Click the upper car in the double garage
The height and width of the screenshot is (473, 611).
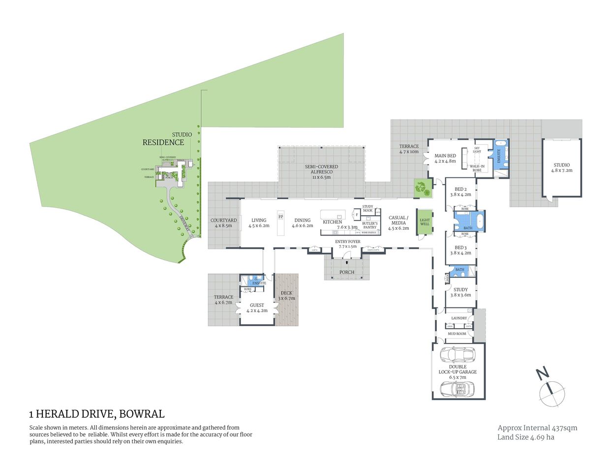(x=458, y=355)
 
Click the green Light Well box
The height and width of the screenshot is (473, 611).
(x=425, y=222)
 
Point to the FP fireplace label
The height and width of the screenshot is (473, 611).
(x=281, y=217)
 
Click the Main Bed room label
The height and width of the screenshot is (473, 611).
(x=445, y=158)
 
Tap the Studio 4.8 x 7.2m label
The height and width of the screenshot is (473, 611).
(x=561, y=168)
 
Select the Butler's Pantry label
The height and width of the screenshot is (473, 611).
(x=369, y=225)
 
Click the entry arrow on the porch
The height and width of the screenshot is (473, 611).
(x=347, y=263)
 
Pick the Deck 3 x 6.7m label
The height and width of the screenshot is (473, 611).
(x=286, y=296)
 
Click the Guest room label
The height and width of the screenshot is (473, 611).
(x=257, y=308)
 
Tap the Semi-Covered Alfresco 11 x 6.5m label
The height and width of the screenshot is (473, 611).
(x=321, y=171)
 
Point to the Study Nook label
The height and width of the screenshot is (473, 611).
(x=367, y=208)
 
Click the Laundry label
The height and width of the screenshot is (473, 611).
(x=459, y=318)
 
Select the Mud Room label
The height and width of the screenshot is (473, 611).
(x=457, y=334)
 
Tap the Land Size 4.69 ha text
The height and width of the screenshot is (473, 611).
(x=525, y=437)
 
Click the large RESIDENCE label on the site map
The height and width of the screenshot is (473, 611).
(x=163, y=142)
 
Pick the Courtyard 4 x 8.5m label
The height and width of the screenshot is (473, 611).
(x=223, y=223)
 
